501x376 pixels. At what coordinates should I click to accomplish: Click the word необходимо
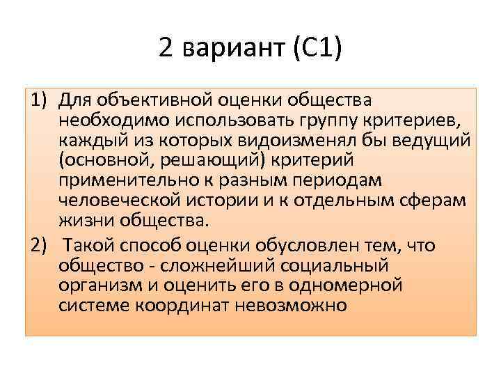pyautogui.click(x=103, y=121)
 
